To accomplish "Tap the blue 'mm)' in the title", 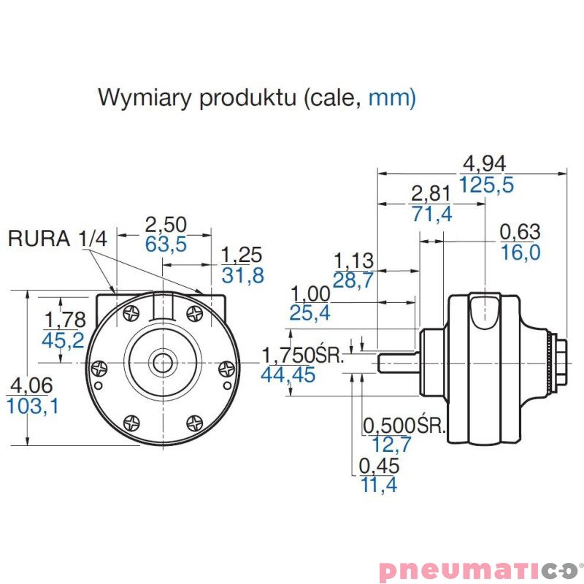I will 392,98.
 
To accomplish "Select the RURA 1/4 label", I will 58,239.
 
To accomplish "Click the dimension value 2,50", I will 166,224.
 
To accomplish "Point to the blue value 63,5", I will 166,244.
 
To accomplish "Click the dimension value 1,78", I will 64,320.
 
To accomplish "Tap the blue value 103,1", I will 32,406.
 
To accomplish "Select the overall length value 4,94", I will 485,164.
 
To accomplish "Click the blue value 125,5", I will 486,185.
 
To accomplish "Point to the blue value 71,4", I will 431,214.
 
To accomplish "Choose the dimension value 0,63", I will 520,232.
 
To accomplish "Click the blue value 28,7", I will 353,280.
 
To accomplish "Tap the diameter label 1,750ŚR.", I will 302,356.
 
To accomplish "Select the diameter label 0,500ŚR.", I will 404,425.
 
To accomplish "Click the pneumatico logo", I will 481,569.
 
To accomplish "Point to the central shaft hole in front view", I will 161,361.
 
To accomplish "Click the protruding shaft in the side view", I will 398,361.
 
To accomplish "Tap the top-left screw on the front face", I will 131,313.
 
